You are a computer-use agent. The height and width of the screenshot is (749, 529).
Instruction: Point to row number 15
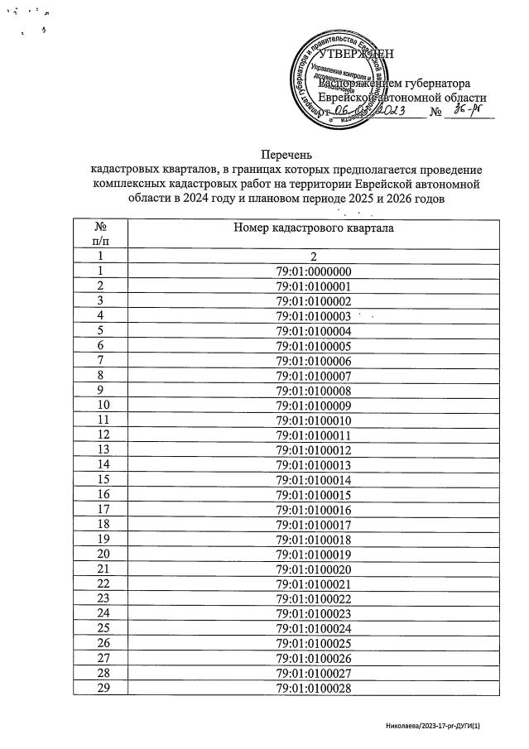tap(103, 480)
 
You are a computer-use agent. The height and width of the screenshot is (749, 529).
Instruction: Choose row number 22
tap(103, 584)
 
